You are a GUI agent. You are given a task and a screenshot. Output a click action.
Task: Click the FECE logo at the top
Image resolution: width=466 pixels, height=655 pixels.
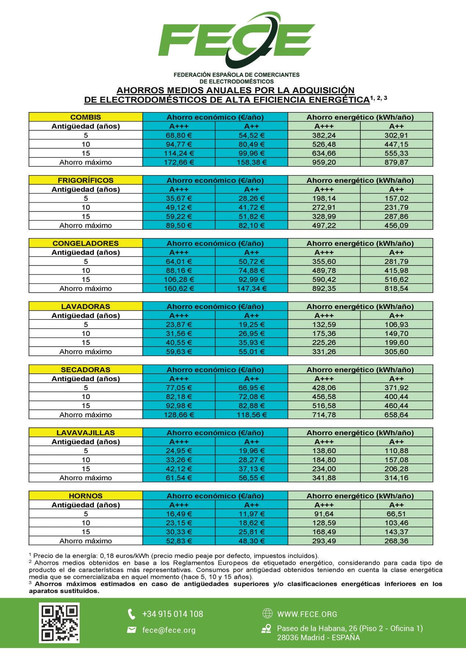[x=236, y=40]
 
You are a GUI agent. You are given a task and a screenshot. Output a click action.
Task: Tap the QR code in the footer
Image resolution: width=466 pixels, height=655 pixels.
[x=59, y=623]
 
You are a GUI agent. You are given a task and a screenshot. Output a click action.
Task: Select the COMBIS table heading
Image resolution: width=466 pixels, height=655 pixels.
[x=85, y=117]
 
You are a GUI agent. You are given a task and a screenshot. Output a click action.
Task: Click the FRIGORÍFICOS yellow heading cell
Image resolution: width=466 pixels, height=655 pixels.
[x=85, y=180]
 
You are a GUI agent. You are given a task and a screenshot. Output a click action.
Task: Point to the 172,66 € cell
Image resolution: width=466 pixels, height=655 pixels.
[x=179, y=162]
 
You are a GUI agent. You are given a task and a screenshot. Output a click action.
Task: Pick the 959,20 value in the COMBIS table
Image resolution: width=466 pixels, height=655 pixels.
[x=324, y=162]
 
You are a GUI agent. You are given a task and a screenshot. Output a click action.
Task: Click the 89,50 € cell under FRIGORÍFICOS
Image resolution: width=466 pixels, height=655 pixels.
[x=179, y=225]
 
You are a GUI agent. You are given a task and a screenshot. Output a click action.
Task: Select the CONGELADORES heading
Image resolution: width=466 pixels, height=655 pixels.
[x=85, y=243]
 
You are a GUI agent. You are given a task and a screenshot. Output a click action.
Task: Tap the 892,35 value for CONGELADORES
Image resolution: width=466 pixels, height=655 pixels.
[x=324, y=289]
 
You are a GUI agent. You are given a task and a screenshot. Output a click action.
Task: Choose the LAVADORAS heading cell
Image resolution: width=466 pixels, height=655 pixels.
[x=85, y=307]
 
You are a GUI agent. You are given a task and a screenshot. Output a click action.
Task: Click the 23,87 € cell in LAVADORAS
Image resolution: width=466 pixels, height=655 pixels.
[x=179, y=325]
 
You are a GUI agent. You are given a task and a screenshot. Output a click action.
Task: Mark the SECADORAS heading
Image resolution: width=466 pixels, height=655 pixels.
[x=85, y=370]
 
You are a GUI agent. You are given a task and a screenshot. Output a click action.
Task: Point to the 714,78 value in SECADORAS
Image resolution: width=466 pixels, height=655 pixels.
[x=324, y=415]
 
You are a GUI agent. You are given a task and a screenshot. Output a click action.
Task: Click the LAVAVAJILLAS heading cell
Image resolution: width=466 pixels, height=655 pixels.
[x=85, y=433]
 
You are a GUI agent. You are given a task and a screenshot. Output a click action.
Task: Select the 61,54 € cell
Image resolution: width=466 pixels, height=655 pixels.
[x=179, y=478]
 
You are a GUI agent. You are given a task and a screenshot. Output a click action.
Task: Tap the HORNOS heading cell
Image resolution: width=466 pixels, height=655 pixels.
[x=85, y=496]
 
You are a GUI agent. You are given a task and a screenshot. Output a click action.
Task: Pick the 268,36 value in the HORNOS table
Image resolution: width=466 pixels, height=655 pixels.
[x=396, y=541]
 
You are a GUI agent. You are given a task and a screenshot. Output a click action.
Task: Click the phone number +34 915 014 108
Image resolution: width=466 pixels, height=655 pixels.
[x=172, y=614]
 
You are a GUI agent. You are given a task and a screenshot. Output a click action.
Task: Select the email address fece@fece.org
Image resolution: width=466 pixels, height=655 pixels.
[x=169, y=630]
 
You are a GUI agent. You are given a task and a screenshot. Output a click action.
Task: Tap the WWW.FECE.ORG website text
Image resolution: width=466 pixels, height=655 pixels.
[x=307, y=614]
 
